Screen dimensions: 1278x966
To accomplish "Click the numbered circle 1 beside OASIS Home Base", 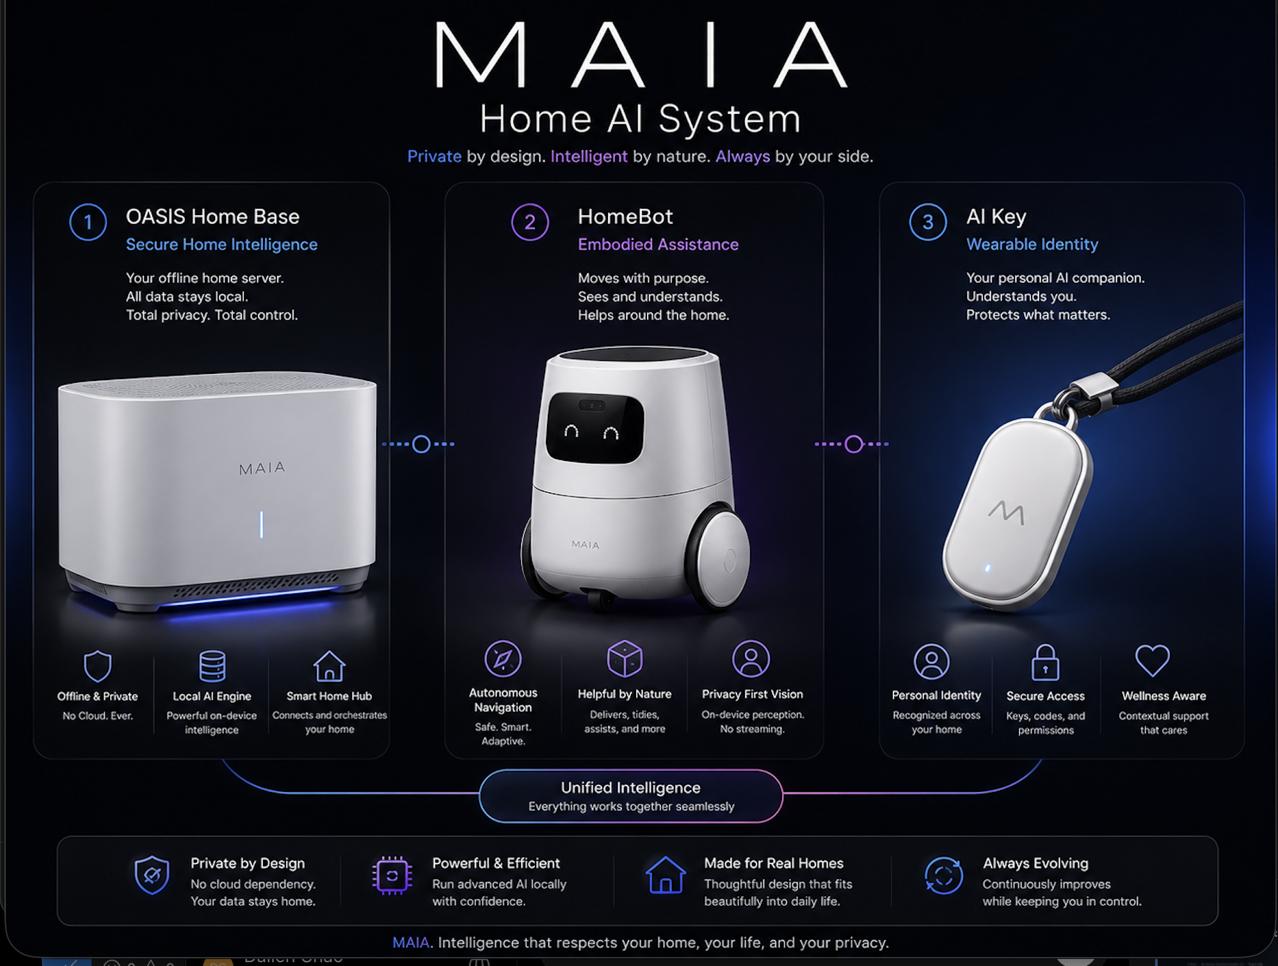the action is coord(88,222).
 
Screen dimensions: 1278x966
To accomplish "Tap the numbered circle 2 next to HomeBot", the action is coord(530,222).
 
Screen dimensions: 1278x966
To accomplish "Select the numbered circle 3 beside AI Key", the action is coord(928,222).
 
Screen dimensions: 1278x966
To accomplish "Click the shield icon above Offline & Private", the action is coord(98,666).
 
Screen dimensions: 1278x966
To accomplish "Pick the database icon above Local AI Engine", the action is coord(212,666).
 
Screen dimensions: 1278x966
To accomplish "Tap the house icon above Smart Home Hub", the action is coord(330,666).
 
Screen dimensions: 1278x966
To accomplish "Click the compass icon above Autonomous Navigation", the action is coord(503,659).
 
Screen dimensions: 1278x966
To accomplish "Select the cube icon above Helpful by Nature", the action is coord(625,658).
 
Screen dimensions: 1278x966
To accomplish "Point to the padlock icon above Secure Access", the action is coord(1045,663).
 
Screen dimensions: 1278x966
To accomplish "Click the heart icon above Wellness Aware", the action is coord(1153,661).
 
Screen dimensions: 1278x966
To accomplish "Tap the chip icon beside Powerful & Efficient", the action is coord(392,875).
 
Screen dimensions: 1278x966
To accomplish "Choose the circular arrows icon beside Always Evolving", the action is coord(944,875).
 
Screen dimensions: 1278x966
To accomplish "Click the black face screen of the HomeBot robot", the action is coord(595,428).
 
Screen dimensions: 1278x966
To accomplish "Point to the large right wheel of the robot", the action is coord(719,557).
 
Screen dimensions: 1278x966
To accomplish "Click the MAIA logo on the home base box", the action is coord(262,469).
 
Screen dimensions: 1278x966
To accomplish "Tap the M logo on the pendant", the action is coord(1007,512).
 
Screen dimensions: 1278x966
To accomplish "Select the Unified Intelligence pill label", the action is coord(631,796).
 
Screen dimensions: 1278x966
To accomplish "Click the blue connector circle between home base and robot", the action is coord(421,444).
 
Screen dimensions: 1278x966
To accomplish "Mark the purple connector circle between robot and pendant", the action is coord(854,444).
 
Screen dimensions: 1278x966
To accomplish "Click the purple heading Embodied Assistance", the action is coord(658,245).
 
